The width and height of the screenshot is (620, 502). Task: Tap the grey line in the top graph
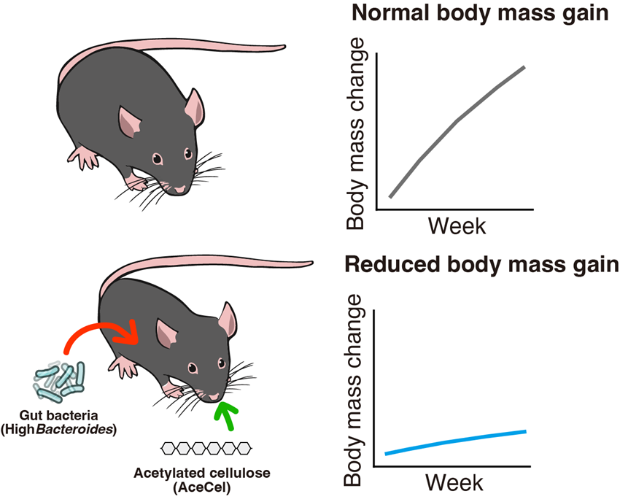pos(458,120)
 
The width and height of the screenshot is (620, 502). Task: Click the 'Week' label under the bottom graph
pos(454,482)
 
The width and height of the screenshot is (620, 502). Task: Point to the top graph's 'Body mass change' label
pos(357,136)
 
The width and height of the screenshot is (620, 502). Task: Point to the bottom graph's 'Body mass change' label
pos(354,391)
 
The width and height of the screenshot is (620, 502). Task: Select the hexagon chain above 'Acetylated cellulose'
pos(206,447)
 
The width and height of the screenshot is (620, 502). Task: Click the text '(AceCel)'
pos(202,487)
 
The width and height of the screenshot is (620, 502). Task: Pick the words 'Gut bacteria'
pos(60,416)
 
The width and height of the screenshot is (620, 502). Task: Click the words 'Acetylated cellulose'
pos(202,474)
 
